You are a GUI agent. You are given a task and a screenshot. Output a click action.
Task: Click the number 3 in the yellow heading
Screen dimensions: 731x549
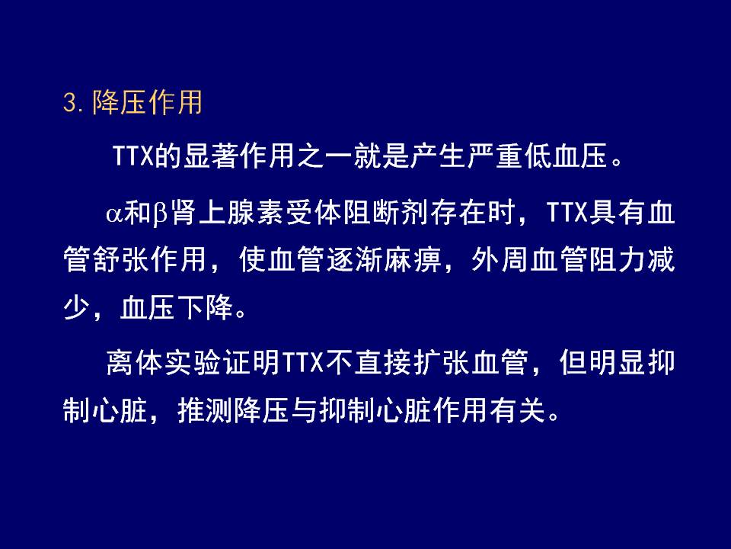pyautogui.click(x=69, y=102)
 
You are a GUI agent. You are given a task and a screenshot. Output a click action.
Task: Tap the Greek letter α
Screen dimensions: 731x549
pyautogui.click(x=114, y=213)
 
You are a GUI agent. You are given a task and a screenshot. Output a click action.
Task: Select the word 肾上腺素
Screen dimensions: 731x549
pyautogui.click(x=227, y=213)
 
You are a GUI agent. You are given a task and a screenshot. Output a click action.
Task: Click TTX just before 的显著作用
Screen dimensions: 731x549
pyautogui.click(x=133, y=156)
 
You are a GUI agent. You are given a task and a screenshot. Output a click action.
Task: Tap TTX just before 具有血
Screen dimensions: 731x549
pyautogui.click(x=567, y=213)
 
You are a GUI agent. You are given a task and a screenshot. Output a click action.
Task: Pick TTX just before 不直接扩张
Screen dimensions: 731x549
pyautogui.click(x=304, y=362)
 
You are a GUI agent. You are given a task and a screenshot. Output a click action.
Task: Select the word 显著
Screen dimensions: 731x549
pyautogui.click(x=211, y=156)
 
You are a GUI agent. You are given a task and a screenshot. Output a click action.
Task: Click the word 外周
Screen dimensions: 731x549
pyautogui.click(x=500, y=259)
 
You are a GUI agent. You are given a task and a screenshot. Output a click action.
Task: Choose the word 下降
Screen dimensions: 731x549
pyautogui.click(x=205, y=307)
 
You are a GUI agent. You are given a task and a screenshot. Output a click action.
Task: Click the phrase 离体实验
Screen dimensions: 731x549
pyautogui.click(x=163, y=362)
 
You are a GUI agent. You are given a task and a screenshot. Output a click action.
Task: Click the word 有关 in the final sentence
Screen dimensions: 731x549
pyautogui.click(x=517, y=411)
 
